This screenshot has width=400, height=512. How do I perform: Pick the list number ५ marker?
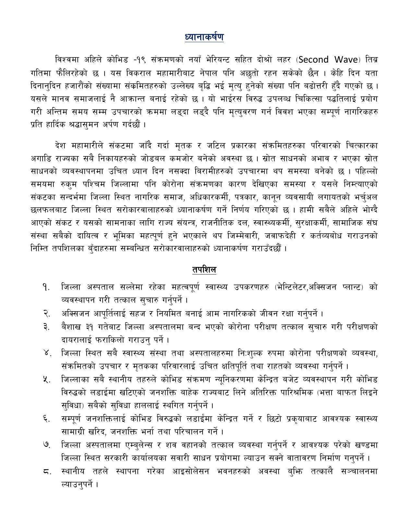(x=46, y=380)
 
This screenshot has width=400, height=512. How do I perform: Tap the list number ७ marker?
(x=46, y=445)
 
